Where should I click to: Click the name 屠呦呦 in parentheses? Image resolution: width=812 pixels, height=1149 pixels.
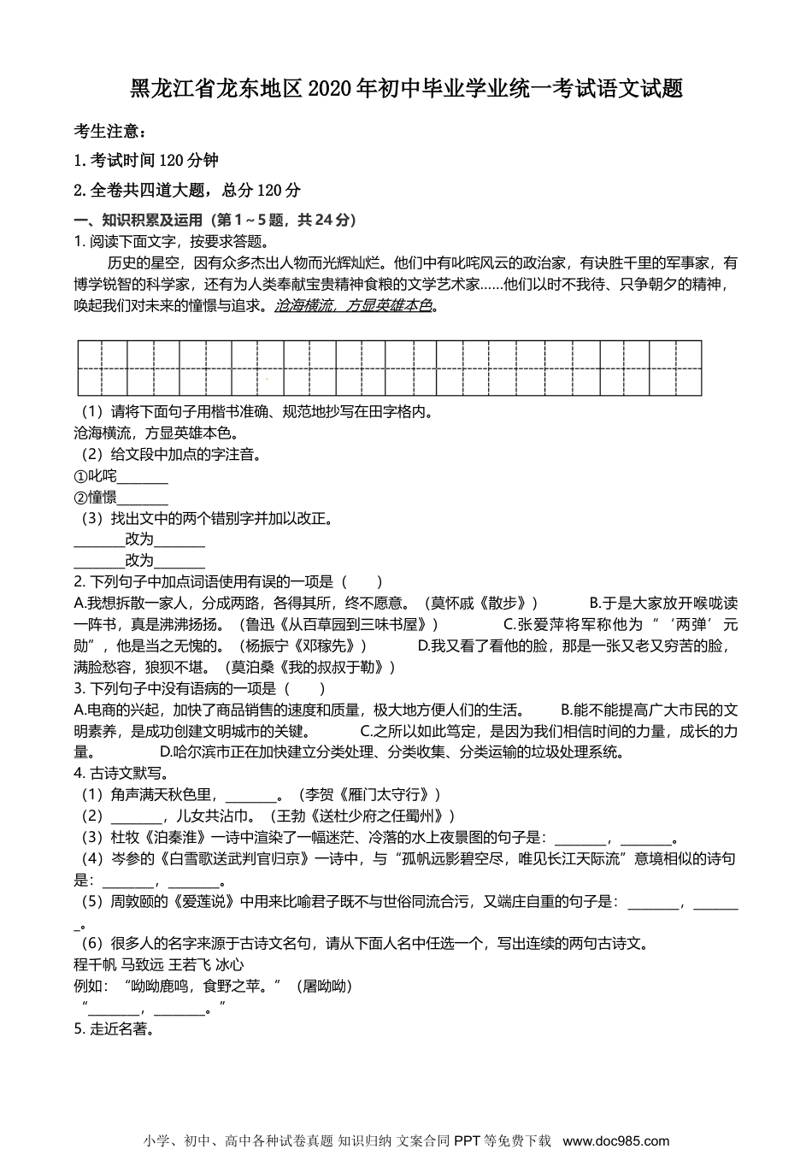pos(324,986)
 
